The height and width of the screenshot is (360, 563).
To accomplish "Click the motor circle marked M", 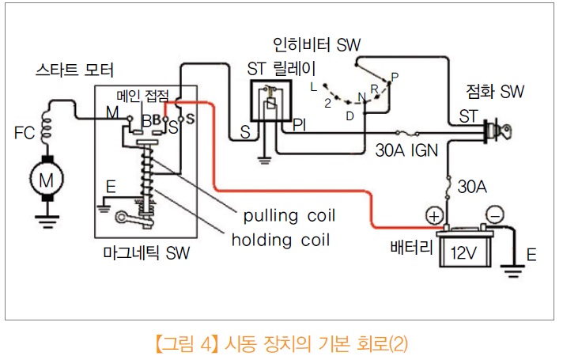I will (x=47, y=180).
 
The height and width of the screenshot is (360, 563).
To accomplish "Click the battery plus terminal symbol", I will (x=434, y=214).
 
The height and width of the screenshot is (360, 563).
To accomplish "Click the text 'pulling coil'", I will (x=289, y=216).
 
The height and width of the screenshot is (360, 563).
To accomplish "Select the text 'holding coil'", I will (x=281, y=238).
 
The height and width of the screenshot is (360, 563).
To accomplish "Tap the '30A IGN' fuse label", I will (x=406, y=148).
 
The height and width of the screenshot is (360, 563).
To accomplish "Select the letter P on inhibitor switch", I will (x=395, y=76).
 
